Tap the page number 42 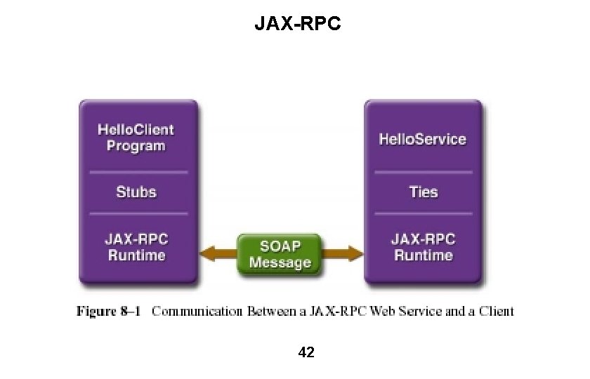306,352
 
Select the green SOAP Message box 280,254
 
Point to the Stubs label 136,192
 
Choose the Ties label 423,192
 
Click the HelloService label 422,138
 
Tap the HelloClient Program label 136,138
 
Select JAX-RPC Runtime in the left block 136,247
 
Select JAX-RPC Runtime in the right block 423,247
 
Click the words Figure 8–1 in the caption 108,310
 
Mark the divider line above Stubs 138,171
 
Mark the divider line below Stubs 138,213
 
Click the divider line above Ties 423,171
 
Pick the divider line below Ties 423,213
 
